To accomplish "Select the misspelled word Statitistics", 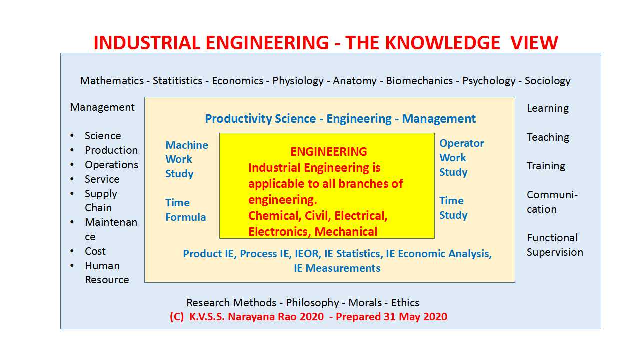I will [177, 81].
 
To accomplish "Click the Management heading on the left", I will [102, 107].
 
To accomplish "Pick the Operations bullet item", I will [111, 165].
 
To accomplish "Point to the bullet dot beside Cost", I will [73, 251].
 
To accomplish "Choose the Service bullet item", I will [102, 179].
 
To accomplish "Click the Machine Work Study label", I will [186, 159].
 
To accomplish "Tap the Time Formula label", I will [185, 210].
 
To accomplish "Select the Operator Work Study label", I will [461, 158].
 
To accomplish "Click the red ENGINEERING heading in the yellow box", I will [328, 152].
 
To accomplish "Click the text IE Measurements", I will [337, 268].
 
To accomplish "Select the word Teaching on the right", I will [548, 137].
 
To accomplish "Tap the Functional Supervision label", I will [555, 245].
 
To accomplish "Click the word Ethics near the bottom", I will [405, 303].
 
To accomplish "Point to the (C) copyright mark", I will [177, 317].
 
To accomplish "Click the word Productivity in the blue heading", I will [235, 119].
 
